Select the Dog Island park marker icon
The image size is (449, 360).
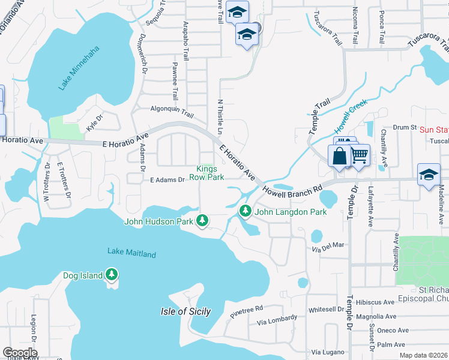pyautogui.click(x=111, y=275)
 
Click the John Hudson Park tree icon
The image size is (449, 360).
pyautogui.click(x=203, y=221)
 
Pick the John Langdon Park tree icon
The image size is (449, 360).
pyautogui.click(x=245, y=212)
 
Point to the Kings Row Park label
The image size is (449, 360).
pyautogui.click(x=206, y=173)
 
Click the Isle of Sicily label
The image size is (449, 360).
pyautogui.click(x=185, y=311)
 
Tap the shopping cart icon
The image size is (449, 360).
pyautogui.click(x=359, y=157)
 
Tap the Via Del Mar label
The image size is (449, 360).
pyautogui.click(x=328, y=245)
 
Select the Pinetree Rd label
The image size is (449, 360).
pyautogui.click(x=246, y=310)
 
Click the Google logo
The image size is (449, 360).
pyautogui.click(x=20, y=353)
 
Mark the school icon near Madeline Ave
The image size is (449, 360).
pyautogui.click(x=429, y=175)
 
